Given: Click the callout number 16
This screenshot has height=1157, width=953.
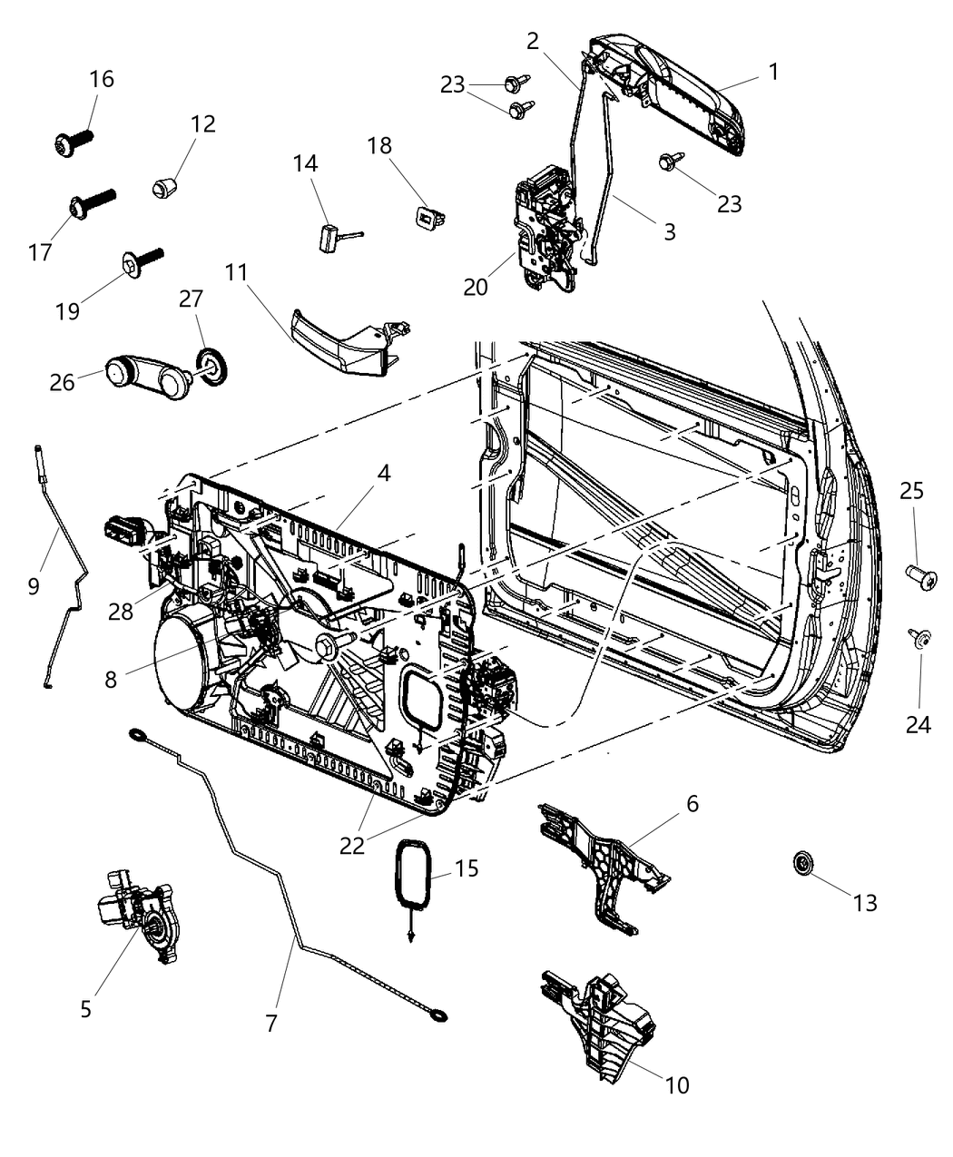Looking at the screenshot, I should pyautogui.click(x=102, y=79).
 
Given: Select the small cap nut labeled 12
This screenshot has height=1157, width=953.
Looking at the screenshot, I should pyautogui.click(x=162, y=189).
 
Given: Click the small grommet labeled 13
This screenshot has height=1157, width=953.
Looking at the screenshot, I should pyautogui.click(x=803, y=863).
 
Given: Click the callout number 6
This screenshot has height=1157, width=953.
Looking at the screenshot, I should pyautogui.click(x=692, y=803).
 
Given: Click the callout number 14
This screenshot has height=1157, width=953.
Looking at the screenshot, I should pyautogui.click(x=306, y=164).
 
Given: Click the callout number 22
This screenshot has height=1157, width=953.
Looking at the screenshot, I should pyautogui.click(x=352, y=845).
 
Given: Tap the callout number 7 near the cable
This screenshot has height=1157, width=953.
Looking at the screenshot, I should pyautogui.click(x=270, y=1023).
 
